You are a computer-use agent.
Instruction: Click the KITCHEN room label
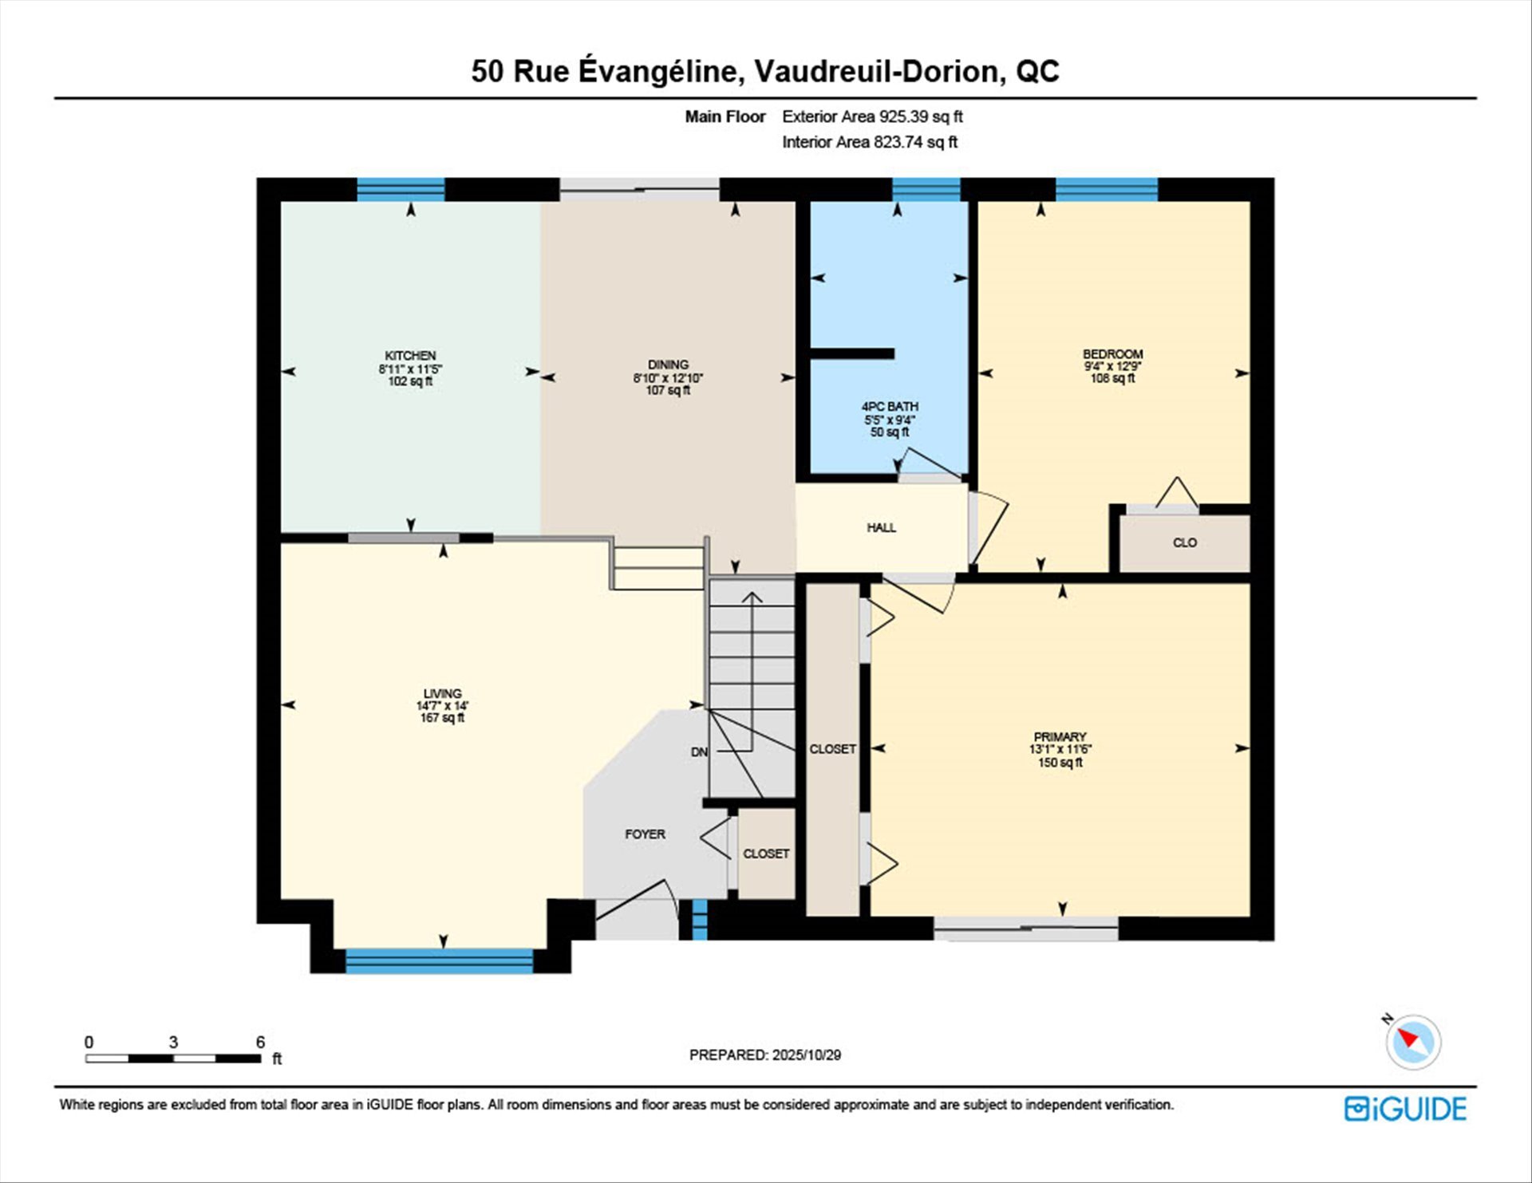[x=410, y=356]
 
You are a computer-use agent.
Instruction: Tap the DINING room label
[x=668, y=365]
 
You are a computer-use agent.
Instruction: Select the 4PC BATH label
[x=890, y=407]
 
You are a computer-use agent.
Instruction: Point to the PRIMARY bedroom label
[x=1060, y=737]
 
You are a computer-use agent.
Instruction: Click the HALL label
[x=881, y=527]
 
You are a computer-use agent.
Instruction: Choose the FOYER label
[x=645, y=834]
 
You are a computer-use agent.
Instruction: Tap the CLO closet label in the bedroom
[x=1184, y=542]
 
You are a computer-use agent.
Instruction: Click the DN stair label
[x=699, y=752]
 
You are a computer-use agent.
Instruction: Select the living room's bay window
[x=439, y=961]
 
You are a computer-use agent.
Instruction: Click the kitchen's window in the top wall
[x=401, y=190]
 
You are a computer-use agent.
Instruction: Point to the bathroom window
[x=926, y=190]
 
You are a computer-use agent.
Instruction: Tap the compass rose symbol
[x=1413, y=1042]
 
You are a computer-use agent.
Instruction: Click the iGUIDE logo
[x=1405, y=1109]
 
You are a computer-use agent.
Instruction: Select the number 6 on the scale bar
[x=260, y=1042]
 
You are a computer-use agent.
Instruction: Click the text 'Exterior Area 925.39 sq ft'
[x=872, y=116]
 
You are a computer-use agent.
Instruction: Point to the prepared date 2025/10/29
[x=806, y=1055]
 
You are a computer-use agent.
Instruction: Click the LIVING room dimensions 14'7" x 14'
[x=442, y=706]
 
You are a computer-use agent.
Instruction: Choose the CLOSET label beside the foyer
[x=766, y=854]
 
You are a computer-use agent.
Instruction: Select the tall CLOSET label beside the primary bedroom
[x=832, y=749]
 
